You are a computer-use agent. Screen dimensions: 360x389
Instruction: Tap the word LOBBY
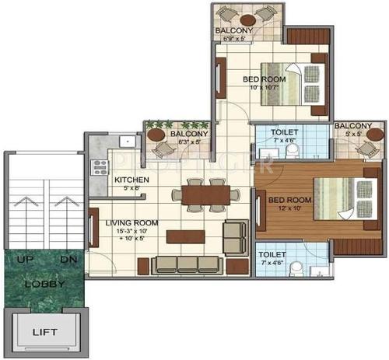click(44, 284)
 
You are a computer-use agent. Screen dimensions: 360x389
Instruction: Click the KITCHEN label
click(131, 180)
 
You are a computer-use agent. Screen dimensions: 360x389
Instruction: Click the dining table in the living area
click(203, 195)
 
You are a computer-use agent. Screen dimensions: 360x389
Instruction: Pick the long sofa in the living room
click(186, 264)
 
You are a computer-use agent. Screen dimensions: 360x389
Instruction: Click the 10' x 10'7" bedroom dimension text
click(265, 87)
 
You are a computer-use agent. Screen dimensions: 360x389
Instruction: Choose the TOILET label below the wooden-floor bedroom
click(272, 255)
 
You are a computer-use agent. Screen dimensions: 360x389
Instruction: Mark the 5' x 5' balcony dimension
click(353, 135)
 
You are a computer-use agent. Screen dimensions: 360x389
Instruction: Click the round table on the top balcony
click(248, 19)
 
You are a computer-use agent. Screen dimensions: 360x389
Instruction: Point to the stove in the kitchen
click(99, 166)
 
